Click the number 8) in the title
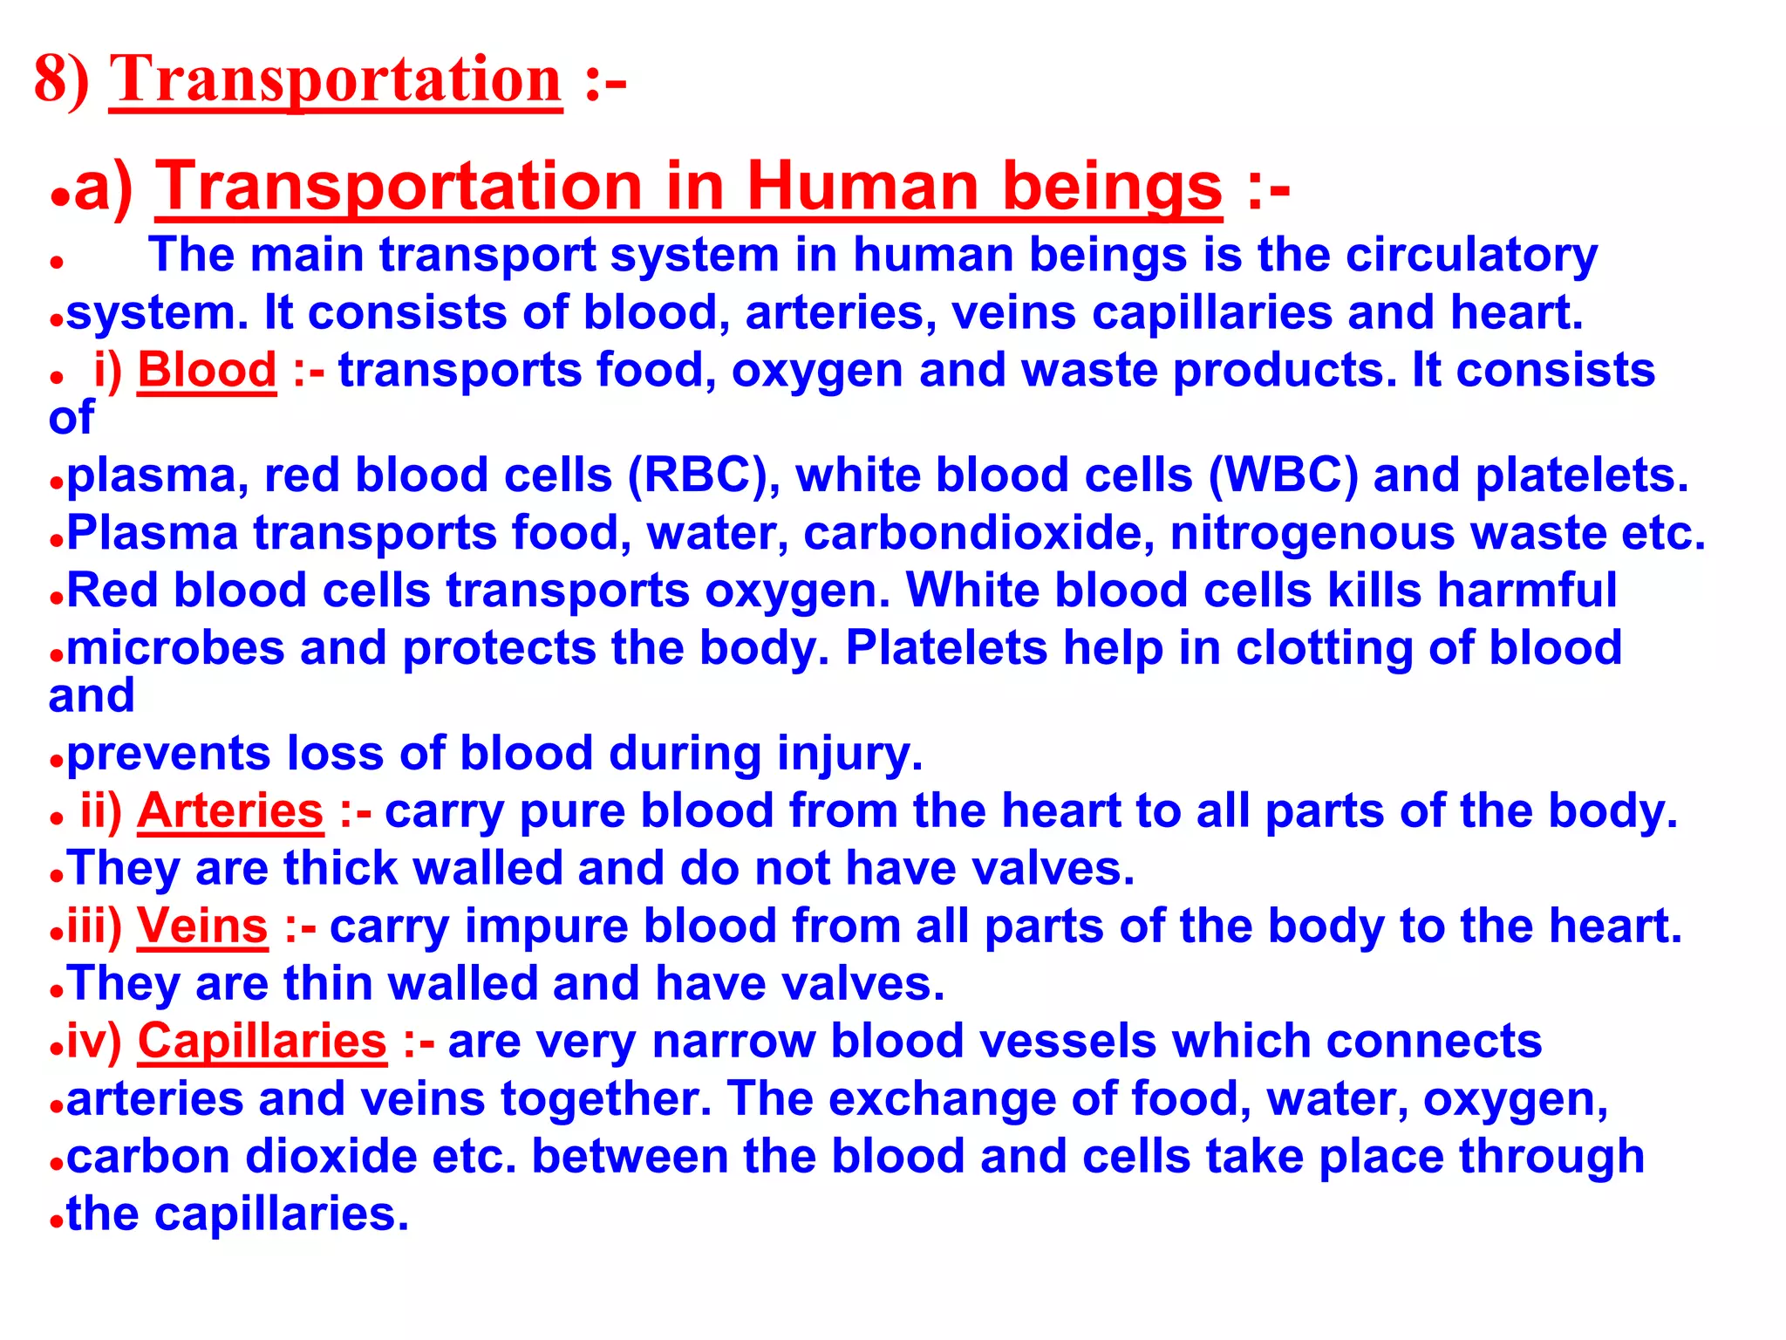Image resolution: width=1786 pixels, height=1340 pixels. click(x=61, y=80)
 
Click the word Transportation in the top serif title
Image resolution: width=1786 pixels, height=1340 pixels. click(x=336, y=80)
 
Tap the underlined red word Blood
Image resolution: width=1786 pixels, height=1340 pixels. click(x=207, y=370)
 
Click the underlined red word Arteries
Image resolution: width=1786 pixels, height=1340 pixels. click(x=230, y=811)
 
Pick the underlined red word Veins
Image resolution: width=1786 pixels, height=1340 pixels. click(x=202, y=926)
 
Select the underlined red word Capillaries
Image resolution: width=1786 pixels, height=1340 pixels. click(x=262, y=1042)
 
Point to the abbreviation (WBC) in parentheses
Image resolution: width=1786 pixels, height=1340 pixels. click(x=1283, y=476)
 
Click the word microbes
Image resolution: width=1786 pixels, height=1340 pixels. click(x=175, y=649)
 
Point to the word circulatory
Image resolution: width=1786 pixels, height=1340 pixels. click(x=1471, y=256)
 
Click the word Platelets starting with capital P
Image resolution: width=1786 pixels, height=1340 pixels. click(x=946, y=649)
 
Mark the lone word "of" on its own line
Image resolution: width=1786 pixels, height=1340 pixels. click(x=71, y=418)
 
